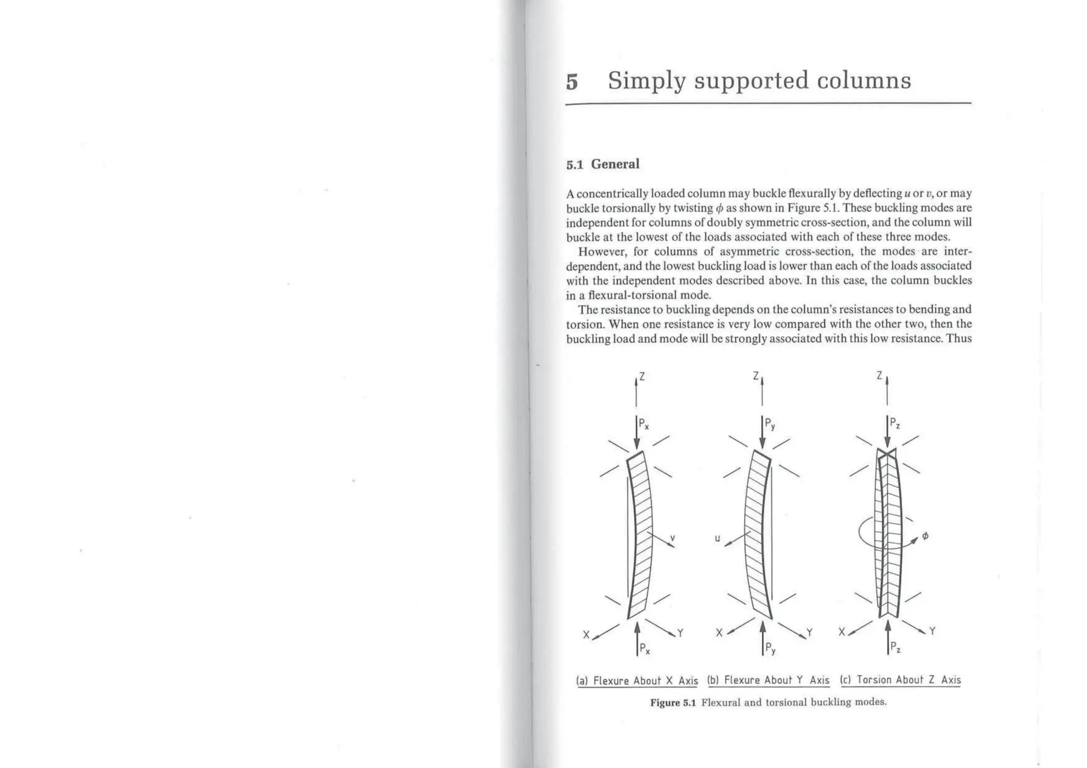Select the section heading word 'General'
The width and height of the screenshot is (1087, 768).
click(615, 164)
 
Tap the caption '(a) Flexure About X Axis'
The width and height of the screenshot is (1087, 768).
click(637, 680)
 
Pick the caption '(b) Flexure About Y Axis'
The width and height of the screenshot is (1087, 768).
click(769, 680)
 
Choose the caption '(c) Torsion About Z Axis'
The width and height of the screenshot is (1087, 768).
click(900, 679)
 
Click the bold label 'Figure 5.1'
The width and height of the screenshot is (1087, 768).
click(672, 703)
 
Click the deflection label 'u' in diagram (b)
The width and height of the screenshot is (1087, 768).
click(717, 538)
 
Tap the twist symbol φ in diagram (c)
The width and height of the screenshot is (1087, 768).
click(925, 536)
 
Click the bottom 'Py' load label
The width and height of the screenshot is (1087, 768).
click(770, 649)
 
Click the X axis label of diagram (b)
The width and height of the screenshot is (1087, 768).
click(719, 633)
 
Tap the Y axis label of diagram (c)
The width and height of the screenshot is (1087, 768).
click(933, 631)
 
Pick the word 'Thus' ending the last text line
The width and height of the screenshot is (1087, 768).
click(959, 338)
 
